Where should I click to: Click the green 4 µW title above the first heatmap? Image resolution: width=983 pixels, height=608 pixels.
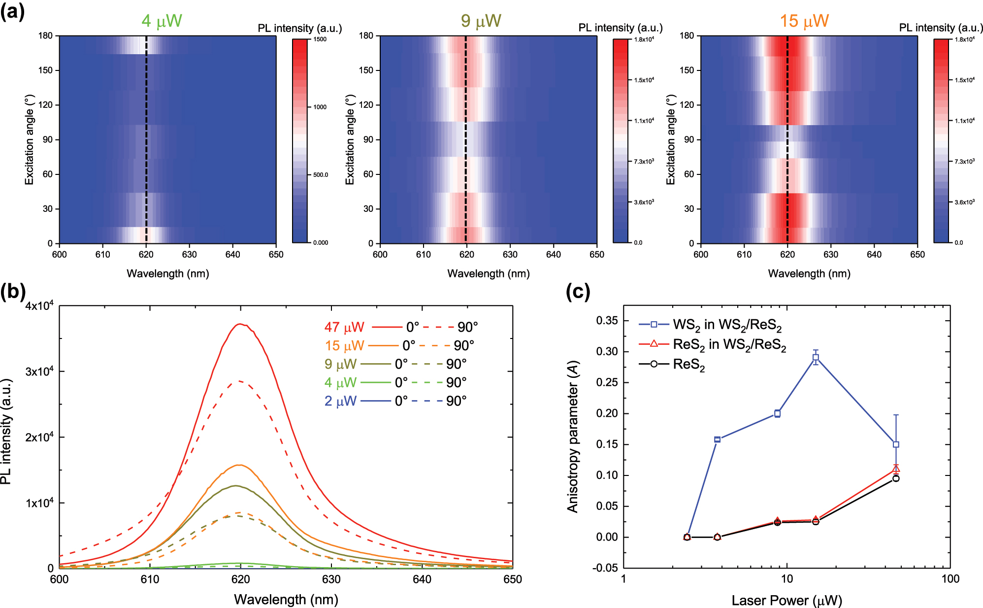point(162,21)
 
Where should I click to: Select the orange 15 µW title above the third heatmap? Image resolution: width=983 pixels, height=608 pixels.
point(804,21)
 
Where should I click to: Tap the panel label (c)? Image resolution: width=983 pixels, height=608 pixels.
point(578,292)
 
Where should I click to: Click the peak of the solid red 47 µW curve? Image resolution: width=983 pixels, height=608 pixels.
point(240,324)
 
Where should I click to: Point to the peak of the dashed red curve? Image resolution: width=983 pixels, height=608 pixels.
point(239,381)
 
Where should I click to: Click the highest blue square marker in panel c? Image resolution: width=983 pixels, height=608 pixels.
point(816,358)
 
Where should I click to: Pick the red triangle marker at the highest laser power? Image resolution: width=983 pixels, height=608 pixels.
point(896,468)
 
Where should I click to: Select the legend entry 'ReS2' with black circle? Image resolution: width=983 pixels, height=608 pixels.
point(688,365)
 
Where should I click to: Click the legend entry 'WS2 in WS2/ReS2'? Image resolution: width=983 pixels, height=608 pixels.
point(727,325)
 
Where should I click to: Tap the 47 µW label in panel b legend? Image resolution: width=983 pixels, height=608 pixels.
point(344,327)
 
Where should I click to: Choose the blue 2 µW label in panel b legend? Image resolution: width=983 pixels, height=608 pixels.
point(340,401)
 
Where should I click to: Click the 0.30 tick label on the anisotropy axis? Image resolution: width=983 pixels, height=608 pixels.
point(606,351)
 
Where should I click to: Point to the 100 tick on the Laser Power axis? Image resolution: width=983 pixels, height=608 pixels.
point(950,579)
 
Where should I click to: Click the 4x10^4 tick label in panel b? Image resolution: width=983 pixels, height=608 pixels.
point(39,306)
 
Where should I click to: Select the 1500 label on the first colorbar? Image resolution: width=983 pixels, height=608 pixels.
point(320,39)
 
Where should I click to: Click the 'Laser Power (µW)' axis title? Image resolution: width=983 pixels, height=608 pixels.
point(786,600)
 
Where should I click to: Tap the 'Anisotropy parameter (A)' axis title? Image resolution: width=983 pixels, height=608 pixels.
point(573,437)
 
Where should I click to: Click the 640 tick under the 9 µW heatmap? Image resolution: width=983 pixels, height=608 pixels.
point(553,255)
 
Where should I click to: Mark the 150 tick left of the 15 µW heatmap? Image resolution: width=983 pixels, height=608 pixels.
point(687,70)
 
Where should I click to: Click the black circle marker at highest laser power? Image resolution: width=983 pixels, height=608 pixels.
point(896,478)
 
